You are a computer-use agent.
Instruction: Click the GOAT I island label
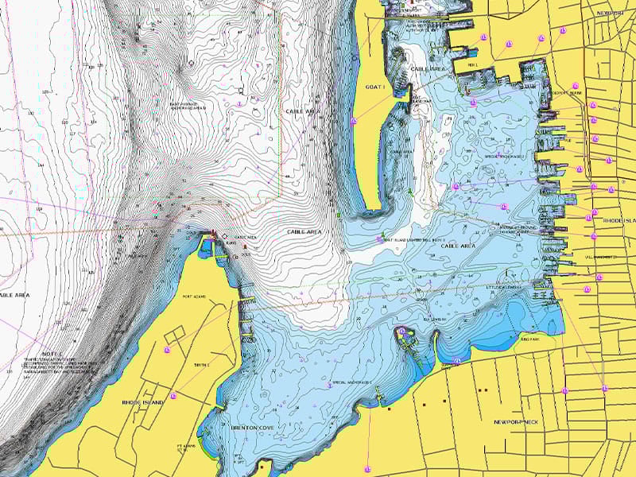[x=374, y=86]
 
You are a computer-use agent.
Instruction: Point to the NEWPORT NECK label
[x=516, y=421]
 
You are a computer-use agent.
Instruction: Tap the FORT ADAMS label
[x=194, y=298]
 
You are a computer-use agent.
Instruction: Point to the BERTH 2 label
[x=201, y=365]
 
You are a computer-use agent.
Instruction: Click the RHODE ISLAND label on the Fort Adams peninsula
[x=143, y=403]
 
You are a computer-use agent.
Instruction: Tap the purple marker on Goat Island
[x=353, y=121]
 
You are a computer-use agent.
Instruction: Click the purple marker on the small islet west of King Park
[x=402, y=331]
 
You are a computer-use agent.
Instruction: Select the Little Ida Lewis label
[x=505, y=287]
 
